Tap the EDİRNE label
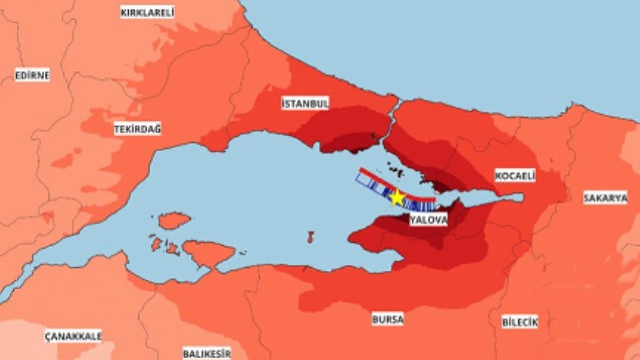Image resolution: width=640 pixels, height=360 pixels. pyautogui.click(x=32, y=76)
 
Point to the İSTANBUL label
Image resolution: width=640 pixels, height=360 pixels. pyautogui.click(x=305, y=104)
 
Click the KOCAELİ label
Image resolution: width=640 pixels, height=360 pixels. pyautogui.click(x=515, y=176)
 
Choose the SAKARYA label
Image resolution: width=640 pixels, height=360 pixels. pyautogui.click(x=605, y=198)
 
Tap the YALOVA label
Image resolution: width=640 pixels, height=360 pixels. pyautogui.click(x=428, y=220)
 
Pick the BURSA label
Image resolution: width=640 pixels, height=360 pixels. pyautogui.click(x=387, y=319)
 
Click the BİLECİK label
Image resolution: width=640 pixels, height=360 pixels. pyautogui.click(x=520, y=322)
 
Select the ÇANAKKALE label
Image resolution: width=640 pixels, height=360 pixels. pyautogui.click(x=73, y=335)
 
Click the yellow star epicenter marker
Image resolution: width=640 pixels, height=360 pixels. pyautogui.click(x=397, y=198)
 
